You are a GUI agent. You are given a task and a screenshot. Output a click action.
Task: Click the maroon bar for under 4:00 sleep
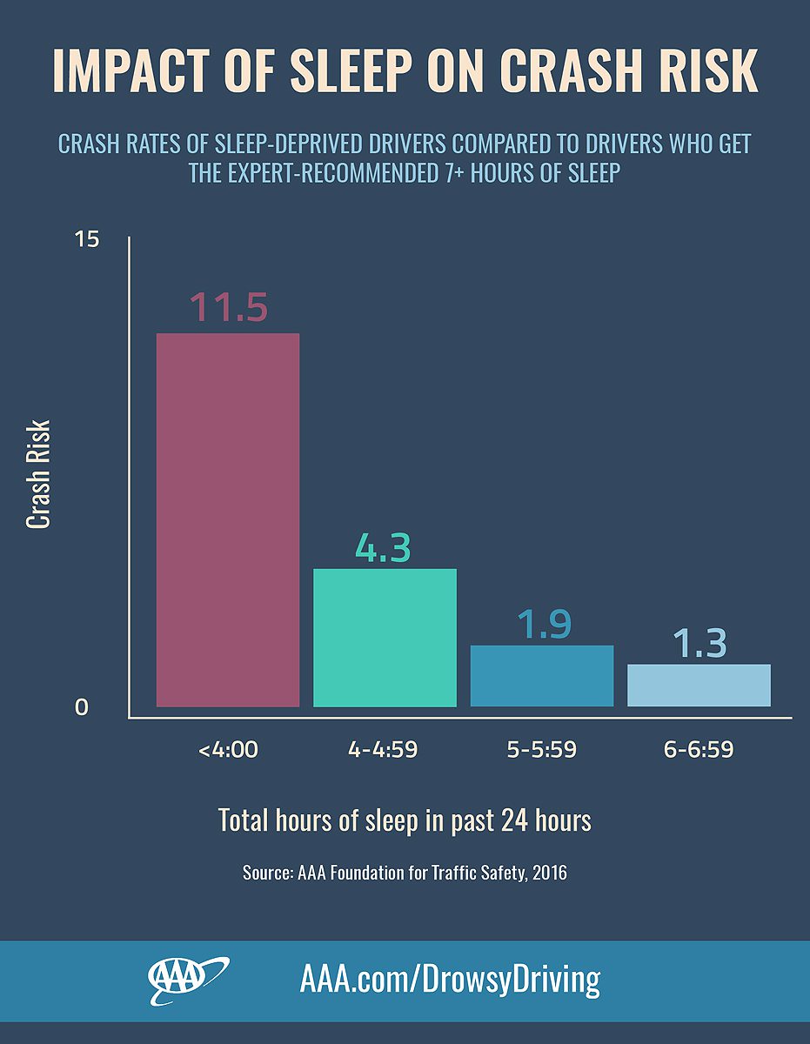[228, 519]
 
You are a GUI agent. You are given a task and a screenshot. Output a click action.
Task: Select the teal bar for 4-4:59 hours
[385, 637]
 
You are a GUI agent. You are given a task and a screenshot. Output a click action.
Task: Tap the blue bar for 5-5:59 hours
[541, 675]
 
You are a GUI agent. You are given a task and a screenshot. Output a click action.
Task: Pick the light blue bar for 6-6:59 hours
[699, 685]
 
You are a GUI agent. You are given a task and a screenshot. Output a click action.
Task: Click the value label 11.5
[228, 308]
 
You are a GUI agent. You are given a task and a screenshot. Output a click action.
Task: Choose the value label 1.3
[699, 644]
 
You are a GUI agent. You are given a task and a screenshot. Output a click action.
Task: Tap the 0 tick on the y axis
[82, 708]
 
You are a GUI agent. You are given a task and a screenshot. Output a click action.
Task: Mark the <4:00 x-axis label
[228, 749]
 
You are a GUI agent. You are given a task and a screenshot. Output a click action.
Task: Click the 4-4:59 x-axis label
[383, 749]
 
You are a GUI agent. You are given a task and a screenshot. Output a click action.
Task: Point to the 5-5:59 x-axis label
[541, 749]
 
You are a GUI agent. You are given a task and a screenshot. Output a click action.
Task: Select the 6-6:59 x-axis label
[699, 749]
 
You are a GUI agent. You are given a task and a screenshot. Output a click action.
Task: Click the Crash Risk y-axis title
[38, 474]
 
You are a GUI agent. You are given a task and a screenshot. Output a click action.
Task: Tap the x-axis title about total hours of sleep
[405, 820]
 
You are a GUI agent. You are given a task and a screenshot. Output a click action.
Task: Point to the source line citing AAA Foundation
[405, 872]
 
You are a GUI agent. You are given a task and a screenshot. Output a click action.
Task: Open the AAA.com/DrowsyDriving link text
[450, 980]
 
